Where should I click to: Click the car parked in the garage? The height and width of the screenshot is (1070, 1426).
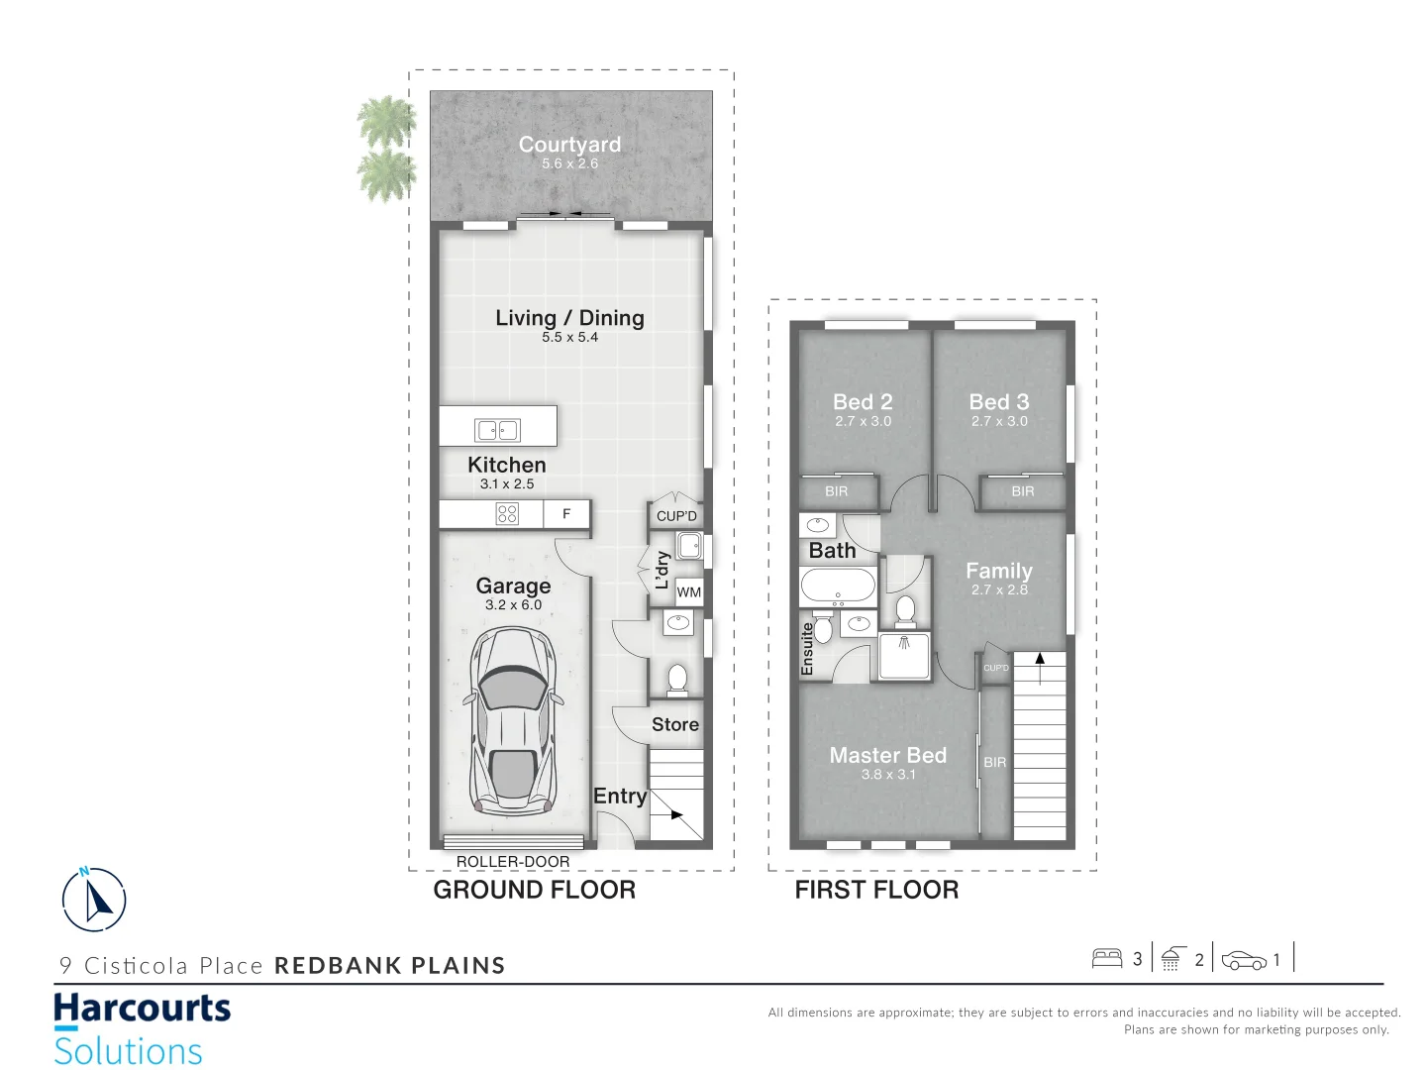513,721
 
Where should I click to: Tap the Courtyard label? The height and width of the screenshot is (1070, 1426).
569,145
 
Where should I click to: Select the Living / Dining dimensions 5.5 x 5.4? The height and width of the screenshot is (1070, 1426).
569,338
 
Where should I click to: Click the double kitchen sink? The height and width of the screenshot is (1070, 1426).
497,430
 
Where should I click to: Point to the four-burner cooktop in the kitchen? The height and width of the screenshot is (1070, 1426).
507,513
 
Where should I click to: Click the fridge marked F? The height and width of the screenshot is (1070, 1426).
566,513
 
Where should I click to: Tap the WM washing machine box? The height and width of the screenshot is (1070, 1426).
689,592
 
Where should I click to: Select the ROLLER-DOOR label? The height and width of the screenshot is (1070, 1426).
513,862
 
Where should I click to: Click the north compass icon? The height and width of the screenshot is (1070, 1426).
94,900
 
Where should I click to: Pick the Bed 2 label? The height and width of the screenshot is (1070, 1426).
863,402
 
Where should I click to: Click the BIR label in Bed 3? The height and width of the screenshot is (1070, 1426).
1023,491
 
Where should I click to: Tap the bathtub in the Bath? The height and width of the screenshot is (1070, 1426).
838,587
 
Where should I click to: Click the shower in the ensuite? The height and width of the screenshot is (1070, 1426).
904,655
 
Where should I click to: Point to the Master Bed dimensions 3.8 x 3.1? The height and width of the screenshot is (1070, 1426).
888,775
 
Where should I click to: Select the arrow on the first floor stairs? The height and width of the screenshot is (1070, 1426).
1040,659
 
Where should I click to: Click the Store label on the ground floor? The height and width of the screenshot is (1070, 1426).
675,725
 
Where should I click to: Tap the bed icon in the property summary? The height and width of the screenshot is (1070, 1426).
1106,958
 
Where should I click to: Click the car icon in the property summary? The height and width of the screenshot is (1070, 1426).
1244,960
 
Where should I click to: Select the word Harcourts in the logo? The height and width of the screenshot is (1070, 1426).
142,1009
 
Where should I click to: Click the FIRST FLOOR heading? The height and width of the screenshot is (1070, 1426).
876,890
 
